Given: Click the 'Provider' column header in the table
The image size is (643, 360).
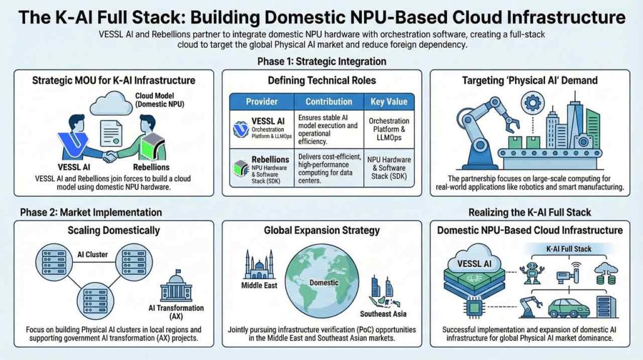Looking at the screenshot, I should [x=262, y=101].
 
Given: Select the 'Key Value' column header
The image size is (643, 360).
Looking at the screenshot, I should [x=389, y=101].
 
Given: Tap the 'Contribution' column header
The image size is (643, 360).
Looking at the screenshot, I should [x=328, y=101].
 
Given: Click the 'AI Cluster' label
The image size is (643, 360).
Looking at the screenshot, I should [x=94, y=255].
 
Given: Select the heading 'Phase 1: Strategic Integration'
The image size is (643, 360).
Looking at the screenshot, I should [x=321, y=62].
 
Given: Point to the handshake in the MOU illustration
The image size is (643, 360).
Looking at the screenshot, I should [x=111, y=155].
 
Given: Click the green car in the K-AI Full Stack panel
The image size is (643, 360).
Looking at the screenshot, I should [x=569, y=308].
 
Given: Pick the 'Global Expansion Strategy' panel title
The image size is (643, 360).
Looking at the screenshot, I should [x=321, y=231].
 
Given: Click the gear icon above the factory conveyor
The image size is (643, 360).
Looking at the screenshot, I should [x=533, y=100].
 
